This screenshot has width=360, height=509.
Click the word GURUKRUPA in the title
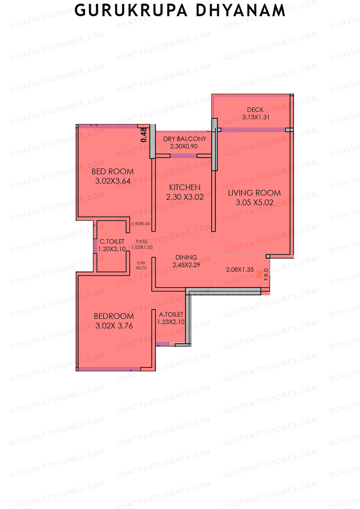click(x=131, y=10)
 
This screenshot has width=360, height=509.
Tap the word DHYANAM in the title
click(x=240, y=10)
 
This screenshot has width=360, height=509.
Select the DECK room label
click(x=255, y=110)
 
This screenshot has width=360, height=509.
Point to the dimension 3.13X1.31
click(x=256, y=117)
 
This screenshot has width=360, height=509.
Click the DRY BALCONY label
click(x=185, y=139)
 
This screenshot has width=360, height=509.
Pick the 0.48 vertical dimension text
click(x=144, y=135)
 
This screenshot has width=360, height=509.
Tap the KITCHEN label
click(x=185, y=187)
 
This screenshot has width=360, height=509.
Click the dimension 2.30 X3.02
click(x=185, y=197)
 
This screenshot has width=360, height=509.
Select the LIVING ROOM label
click(x=254, y=193)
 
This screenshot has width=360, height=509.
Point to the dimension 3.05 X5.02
click(x=254, y=202)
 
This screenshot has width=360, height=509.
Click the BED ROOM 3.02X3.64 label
click(x=113, y=176)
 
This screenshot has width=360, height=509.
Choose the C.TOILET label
click(x=112, y=241)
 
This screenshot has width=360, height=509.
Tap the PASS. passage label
click(x=142, y=241)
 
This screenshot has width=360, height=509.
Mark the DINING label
click(x=186, y=257)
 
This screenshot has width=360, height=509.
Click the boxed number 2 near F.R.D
click(x=259, y=274)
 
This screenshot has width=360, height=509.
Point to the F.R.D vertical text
click(x=266, y=274)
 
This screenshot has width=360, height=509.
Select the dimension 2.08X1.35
click(x=240, y=270)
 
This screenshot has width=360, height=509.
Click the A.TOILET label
click(x=171, y=314)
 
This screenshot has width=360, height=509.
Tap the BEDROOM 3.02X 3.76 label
click(x=114, y=321)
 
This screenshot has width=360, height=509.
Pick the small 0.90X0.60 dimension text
click(x=141, y=224)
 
